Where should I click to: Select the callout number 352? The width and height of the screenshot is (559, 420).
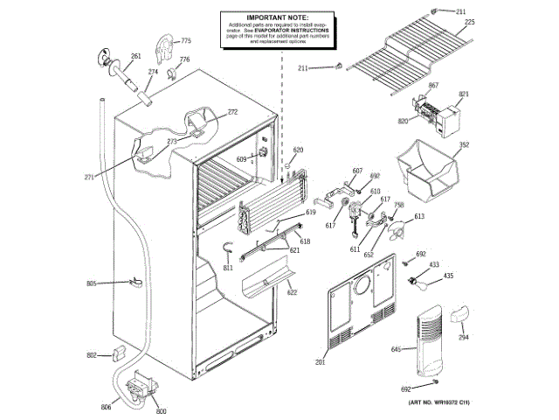coord(465,145)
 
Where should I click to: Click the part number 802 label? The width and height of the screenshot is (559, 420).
coord(91,354)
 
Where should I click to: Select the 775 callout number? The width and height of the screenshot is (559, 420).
coord(185,41)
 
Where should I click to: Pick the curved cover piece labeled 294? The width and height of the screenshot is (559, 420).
coord(459,314)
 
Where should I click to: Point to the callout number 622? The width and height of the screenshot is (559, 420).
coord(291,292)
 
